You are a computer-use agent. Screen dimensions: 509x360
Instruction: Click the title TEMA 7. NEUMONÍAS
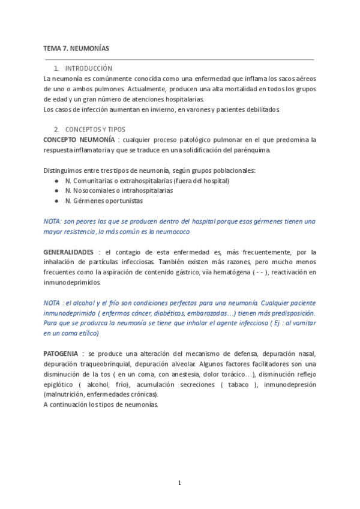76,47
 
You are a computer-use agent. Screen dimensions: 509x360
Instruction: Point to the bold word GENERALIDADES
68,252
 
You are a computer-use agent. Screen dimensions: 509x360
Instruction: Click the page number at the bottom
179,483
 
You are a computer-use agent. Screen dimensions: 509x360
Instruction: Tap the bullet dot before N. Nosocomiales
56,190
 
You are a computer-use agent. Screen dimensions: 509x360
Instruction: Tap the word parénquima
254,149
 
